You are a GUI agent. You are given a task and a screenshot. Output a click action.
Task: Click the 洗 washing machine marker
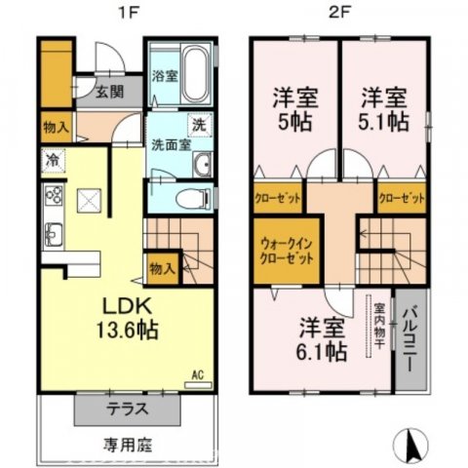[198, 125]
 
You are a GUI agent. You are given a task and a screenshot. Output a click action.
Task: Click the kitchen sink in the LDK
[52, 235]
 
